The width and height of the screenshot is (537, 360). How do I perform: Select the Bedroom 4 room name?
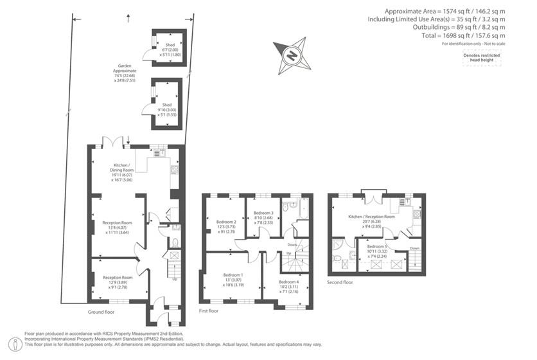click(x=288, y=282)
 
